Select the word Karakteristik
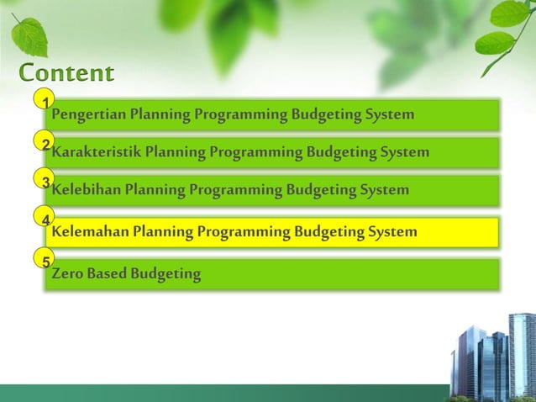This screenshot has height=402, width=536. pyautogui.click(x=96, y=153)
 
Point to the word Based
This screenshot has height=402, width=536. pyautogui.click(x=105, y=273)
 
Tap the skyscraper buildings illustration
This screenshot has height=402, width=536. pyautogui.click(x=491, y=357)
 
